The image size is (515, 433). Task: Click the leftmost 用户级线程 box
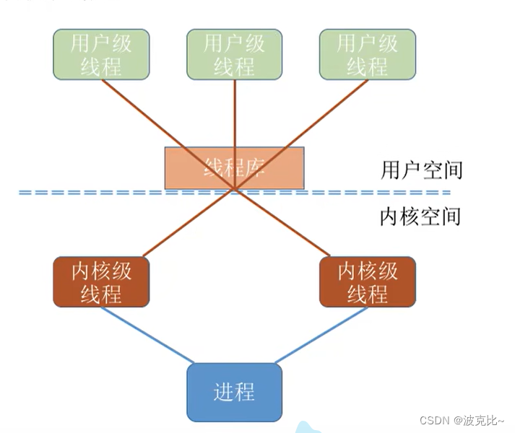click(101, 54)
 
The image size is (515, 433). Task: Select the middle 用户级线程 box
click(234, 54)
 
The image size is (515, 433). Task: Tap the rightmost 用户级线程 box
click(367, 54)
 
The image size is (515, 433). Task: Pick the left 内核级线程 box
click(101, 281)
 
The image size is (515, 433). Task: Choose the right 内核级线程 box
click(367, 281)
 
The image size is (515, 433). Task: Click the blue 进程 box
click(234, 392)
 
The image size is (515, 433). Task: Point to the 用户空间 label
click(421, 170)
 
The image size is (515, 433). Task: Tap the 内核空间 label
click(420, 216)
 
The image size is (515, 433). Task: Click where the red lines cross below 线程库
click(234, 190)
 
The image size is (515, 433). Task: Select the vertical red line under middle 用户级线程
click(235, 115)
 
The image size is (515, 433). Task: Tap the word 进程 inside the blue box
click(234, 392)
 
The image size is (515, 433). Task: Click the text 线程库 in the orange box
click(235, 168)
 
